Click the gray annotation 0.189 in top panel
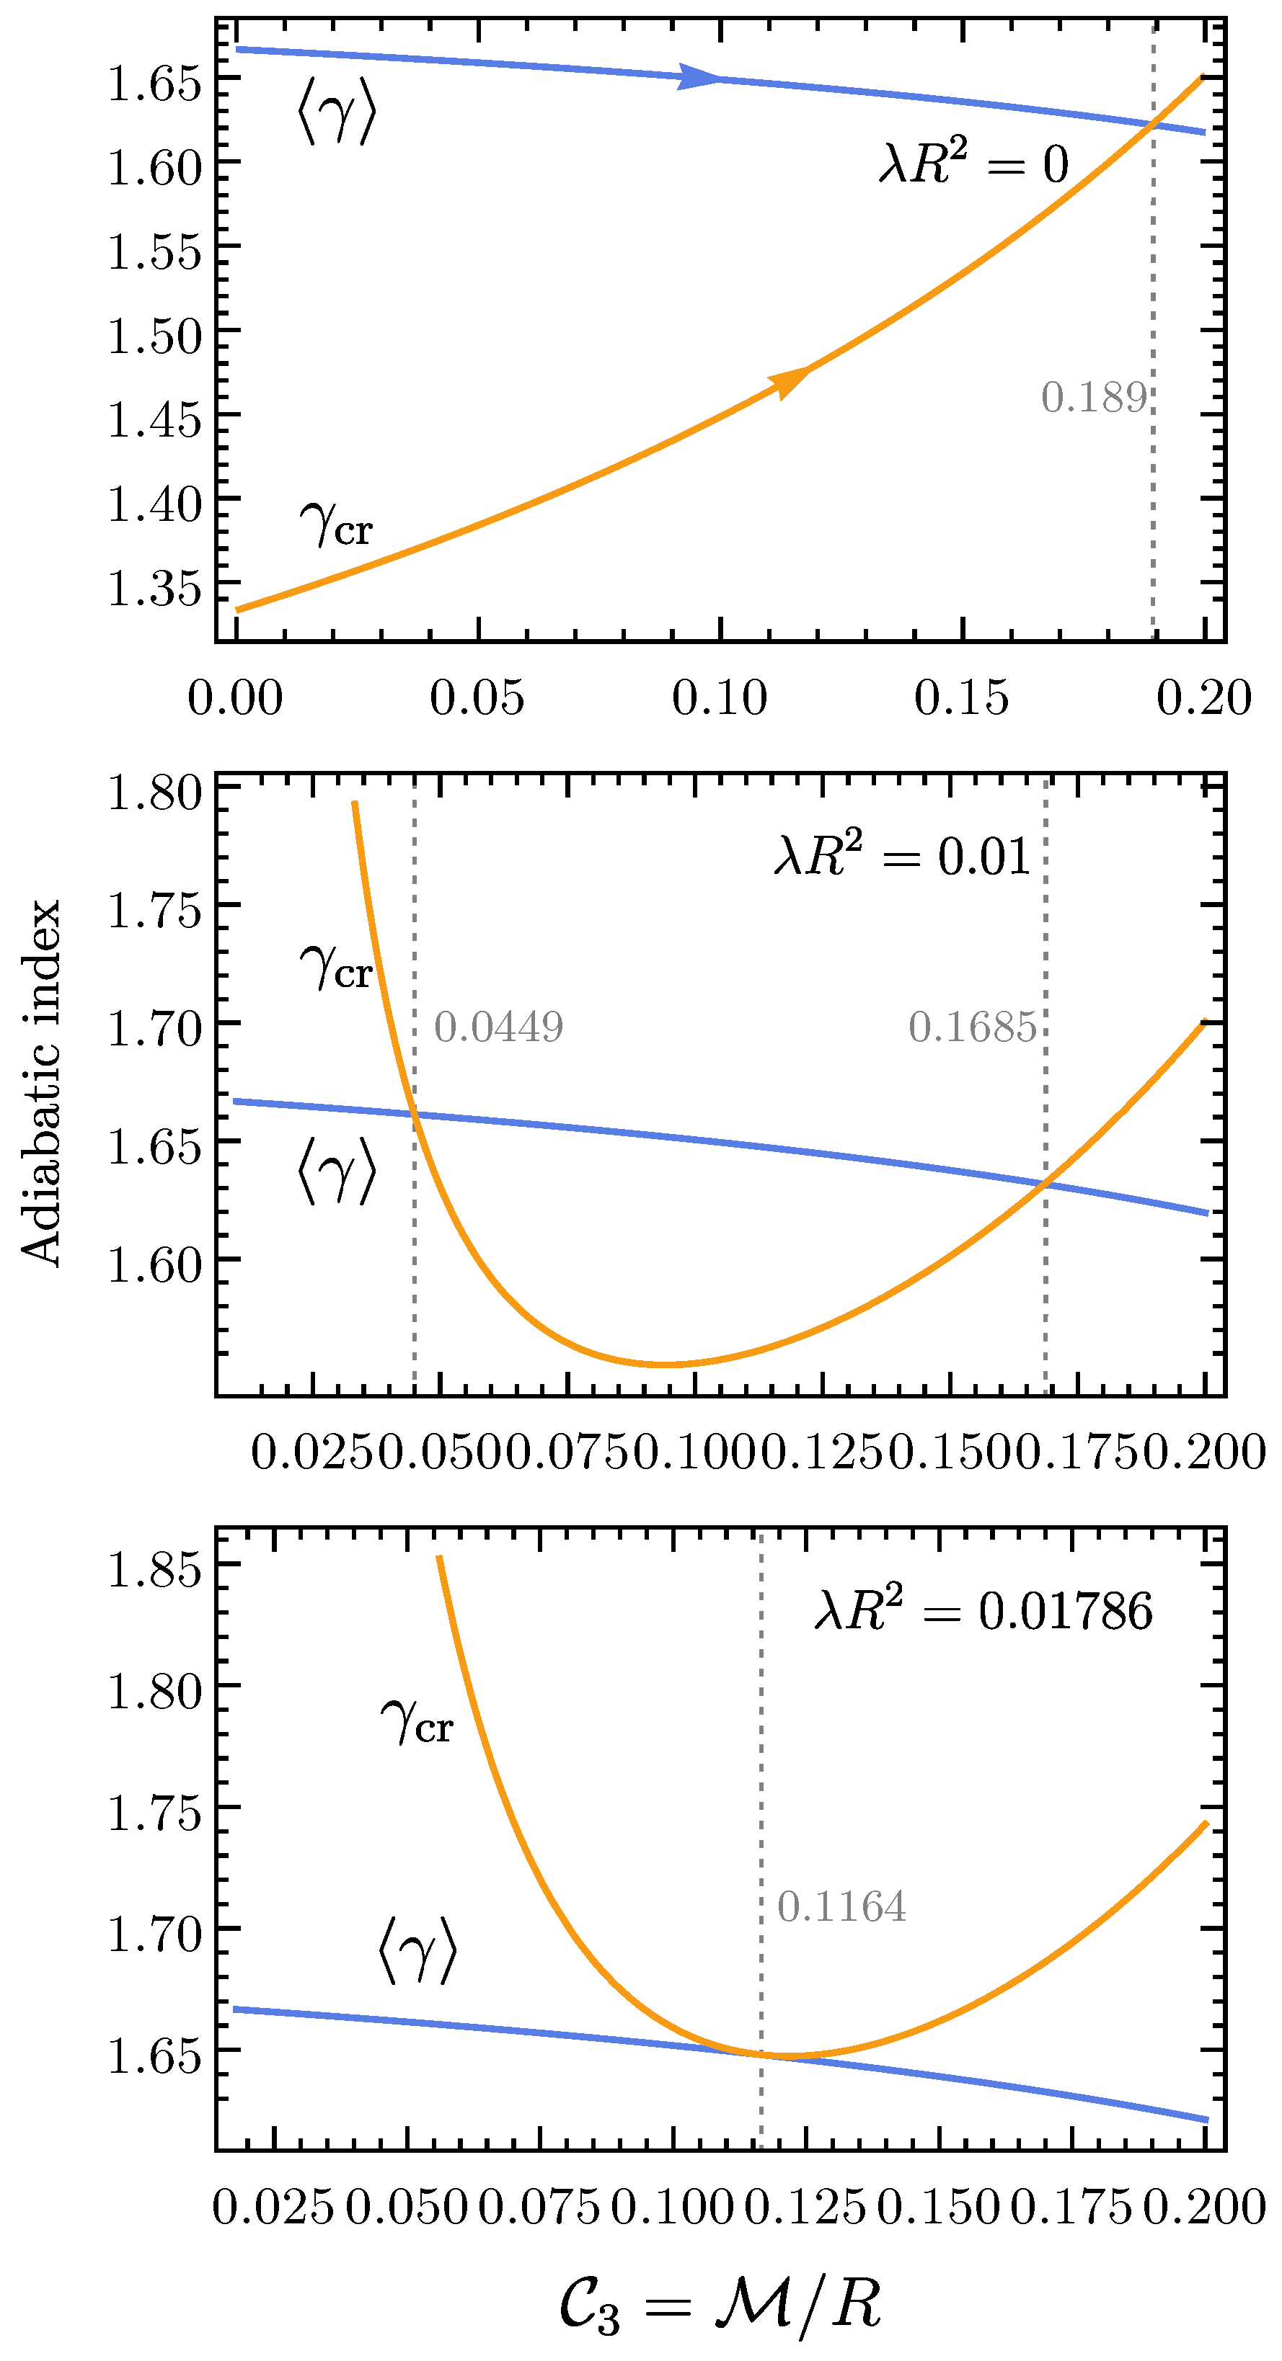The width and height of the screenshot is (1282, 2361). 1093,398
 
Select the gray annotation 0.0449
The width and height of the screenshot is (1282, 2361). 498,1027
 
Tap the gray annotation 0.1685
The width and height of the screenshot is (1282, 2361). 972,1027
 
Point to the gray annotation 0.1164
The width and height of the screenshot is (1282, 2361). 841,1907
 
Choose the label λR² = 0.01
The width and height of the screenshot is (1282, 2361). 902,856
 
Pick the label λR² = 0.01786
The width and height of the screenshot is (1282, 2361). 983,1610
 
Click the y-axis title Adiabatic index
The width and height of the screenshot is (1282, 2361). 41,1082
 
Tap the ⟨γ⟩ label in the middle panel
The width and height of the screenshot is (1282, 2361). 337,1171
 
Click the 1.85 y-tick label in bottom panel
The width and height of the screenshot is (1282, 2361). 154,1568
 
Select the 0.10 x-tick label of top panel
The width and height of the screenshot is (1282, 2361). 719,698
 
